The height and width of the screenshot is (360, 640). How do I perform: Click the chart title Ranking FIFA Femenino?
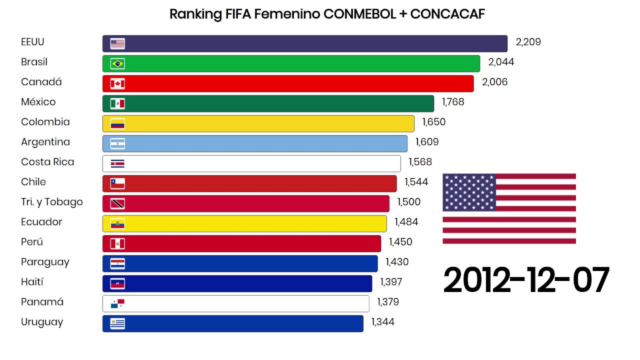click(x=327, y=14)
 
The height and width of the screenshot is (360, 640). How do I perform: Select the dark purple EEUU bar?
click(x=305, y=43)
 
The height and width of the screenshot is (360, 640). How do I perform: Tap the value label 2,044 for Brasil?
click(x=501, y=62)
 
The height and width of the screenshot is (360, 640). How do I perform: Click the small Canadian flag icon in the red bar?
click(x=117, y=83)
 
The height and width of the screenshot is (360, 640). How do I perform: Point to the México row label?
click(x=38, y=102)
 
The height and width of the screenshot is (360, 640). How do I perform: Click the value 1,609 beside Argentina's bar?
click(x=426, y=142)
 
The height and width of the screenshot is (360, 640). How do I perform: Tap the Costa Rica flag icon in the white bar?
click(x=117, y=163)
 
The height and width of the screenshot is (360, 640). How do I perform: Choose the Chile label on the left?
click(x=33, y=182)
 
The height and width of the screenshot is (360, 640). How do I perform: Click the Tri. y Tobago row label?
click(x=52, y=202)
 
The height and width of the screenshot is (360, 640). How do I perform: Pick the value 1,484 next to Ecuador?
click(x=406, y=222)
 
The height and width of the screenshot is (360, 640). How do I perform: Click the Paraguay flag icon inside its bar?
click(x=117, y=263)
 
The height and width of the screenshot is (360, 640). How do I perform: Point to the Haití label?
click(x=32, y=282)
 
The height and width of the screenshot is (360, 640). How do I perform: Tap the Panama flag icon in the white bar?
click(x=117, y=303)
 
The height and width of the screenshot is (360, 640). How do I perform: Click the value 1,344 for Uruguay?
click(x=382, y=322)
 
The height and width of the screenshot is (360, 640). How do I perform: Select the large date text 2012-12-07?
click(x=526, y=280)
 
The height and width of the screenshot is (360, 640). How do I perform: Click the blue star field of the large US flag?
click(x=469, y=192)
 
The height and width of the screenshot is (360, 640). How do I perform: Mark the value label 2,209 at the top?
click(x=528, y=42)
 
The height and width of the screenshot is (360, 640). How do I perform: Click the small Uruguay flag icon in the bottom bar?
click(x=117, y=323)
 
